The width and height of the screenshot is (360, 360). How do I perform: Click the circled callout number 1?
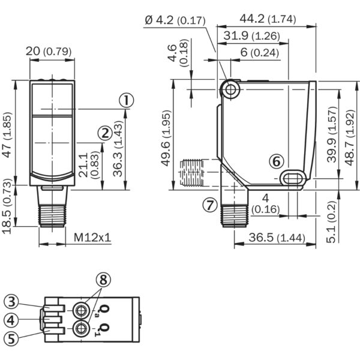point(125,100)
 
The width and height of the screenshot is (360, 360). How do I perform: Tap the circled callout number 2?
point(104,133)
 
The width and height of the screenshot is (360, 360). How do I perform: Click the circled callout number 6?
point(275,161)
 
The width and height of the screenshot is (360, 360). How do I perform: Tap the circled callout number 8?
point(103,280)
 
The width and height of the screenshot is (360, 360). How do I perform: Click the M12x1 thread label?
point(93,238)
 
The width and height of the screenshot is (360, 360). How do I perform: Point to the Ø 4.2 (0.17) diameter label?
point(175,20)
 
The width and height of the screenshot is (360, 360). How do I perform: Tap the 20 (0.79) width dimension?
point(50,52)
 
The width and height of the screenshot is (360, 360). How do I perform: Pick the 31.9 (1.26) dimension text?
point(251,36)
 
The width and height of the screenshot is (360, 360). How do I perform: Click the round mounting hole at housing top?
point(229,89)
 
